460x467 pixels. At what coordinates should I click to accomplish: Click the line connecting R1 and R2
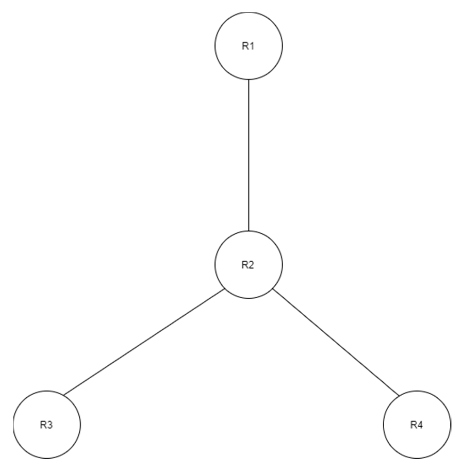point(248,155)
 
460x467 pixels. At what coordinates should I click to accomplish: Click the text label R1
point(248,46)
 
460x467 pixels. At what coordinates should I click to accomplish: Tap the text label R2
point(248,265)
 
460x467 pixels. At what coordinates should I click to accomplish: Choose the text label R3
point(46,425)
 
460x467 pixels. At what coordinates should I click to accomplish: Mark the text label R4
point(416,425)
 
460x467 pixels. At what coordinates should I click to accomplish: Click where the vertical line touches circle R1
point(248,79)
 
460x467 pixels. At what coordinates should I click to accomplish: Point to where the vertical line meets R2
point(248,231)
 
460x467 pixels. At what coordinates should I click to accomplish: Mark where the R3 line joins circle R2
point(225,289)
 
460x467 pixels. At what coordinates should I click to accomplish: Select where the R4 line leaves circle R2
point(273,289)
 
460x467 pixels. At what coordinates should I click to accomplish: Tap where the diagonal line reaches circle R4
point(399,396)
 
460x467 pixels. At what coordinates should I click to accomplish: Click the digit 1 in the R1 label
point(252,46)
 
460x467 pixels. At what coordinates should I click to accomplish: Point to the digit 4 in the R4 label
point(420,425)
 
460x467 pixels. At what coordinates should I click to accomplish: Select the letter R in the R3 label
point(43,425)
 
